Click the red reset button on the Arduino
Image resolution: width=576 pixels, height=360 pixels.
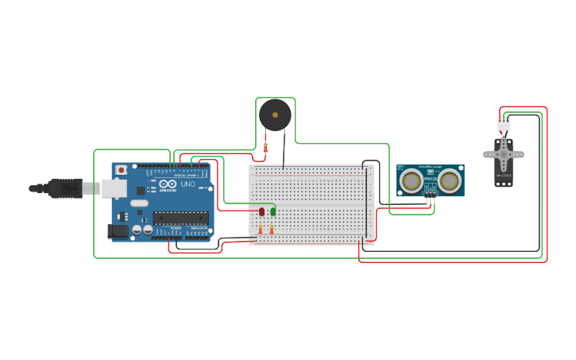tap(121, 169)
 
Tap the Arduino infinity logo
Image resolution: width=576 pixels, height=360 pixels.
tap(167, 184)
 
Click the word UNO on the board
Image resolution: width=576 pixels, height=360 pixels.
tap(187, 184)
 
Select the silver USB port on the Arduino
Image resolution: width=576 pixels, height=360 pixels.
tap(114, 188)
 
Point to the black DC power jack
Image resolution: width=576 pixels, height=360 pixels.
tap(117, 231)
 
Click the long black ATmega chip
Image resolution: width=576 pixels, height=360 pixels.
tap(180, 218)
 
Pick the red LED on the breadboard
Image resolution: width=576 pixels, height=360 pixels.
tap(261, 211)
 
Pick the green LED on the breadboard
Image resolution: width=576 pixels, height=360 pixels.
tap(273, 211)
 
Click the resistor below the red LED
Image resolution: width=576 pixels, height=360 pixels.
tap(261, 230)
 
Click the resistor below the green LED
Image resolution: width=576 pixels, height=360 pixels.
tap(272, 230)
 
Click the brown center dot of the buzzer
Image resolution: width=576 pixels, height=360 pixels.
tap(275, 115)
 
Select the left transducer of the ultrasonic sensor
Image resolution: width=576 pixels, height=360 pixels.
tap(412, 180)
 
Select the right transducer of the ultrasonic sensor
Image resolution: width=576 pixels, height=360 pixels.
tap(450, 180)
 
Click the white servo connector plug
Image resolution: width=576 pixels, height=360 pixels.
tap(504, 124)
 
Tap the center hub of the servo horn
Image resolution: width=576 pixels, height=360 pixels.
tap(504, 153)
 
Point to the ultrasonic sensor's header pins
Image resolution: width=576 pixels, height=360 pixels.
tap(431, 194)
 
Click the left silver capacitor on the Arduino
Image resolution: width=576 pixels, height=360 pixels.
tap(137, 229)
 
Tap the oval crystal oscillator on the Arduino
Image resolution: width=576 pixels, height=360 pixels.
tap(139, 203)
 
